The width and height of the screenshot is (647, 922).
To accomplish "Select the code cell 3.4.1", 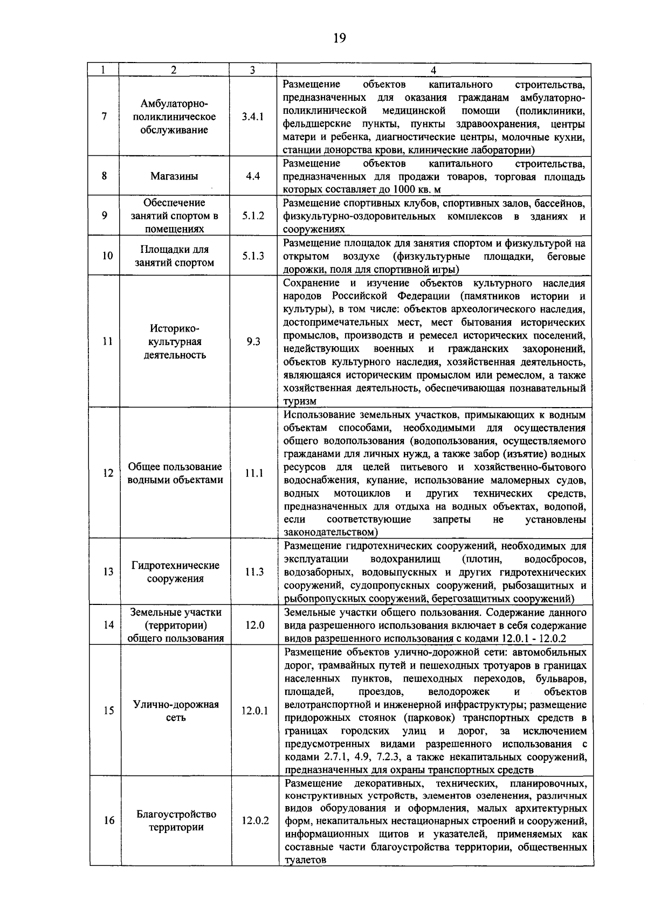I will click(252, 116).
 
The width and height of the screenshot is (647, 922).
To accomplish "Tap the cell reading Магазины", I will click(174, 176).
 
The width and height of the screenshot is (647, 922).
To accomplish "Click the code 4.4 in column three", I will click(252, 176).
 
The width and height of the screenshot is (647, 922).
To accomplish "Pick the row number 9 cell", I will click(104, 215).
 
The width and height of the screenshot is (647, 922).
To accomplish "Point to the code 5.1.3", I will click(252, 256).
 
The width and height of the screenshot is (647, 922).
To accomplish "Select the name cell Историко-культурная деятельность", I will click(174, 341).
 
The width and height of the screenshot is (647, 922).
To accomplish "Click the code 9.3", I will click(252, 341).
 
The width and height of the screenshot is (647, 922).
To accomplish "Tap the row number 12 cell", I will click(107, 473).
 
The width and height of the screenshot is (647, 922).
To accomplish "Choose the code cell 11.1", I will click(252, 473).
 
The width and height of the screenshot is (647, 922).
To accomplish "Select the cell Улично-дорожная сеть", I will click(175, 711).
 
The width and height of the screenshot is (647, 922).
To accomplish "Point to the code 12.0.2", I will click(254, 821).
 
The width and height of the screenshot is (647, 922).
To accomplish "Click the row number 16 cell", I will click(108, 821).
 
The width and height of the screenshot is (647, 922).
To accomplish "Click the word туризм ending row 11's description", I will click(300, 402).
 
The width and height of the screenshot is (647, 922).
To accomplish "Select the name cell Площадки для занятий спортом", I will click(174, 256).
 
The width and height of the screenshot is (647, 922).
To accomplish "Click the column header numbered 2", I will click(173, 70).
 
